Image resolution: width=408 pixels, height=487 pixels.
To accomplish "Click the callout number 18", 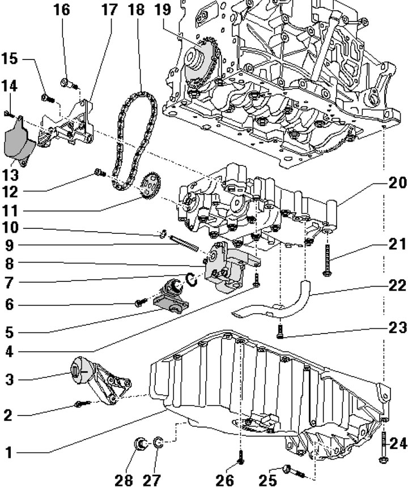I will pos(136,10).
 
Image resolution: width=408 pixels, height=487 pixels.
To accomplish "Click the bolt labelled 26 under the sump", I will pos(241,456).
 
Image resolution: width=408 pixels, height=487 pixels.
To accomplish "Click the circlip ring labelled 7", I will pos(191,279).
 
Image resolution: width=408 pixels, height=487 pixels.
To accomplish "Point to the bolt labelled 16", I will pos(71,85).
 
